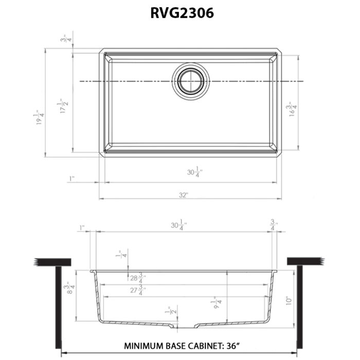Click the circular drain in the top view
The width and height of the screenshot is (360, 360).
click(x=191, y=81)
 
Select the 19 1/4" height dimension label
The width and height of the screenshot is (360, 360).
click(x=39, y=119)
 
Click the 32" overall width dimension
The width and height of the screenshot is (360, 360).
click(x=184, y=194)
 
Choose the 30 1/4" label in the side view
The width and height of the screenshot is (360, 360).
click(x=178, y=225)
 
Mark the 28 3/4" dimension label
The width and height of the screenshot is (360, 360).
click(x=137, y=278)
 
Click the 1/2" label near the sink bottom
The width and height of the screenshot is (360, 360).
click(x=167, y=311)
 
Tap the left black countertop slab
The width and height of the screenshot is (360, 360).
click(x=52, y=262)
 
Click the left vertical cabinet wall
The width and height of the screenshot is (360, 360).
click(x=57, y=306)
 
